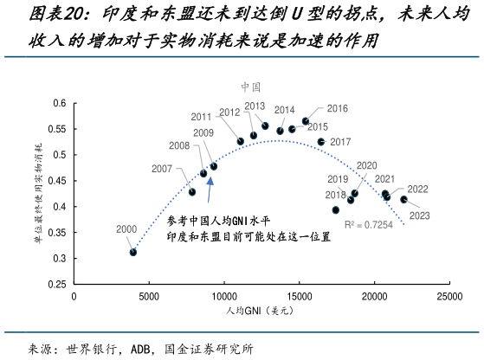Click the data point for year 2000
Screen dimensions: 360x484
[x=133, y=252]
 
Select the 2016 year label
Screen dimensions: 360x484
[x=337, y=108]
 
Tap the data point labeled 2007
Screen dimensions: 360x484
[x=192, y=191]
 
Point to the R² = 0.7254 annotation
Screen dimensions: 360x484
[x=368, y=224]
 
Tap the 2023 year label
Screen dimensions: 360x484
[x=419, y=215]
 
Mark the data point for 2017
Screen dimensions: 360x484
[x=321, y=142]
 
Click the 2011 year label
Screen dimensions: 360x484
[x=202, y=117]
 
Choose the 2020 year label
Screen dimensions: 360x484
[x=366, y=165]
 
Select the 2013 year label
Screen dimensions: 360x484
[x=255, y=106]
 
